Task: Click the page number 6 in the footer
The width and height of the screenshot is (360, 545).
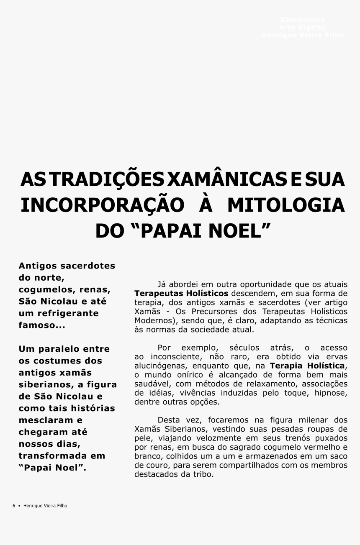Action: [14, 506]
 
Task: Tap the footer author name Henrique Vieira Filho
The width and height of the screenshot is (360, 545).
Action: [45, 506]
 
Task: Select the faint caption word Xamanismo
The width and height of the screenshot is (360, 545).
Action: [302, 20]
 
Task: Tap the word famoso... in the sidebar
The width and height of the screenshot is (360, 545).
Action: [41, 325]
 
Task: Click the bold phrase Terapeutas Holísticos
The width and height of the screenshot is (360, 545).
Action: [181, 293]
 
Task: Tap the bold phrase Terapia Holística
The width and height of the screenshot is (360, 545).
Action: [308, 366]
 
